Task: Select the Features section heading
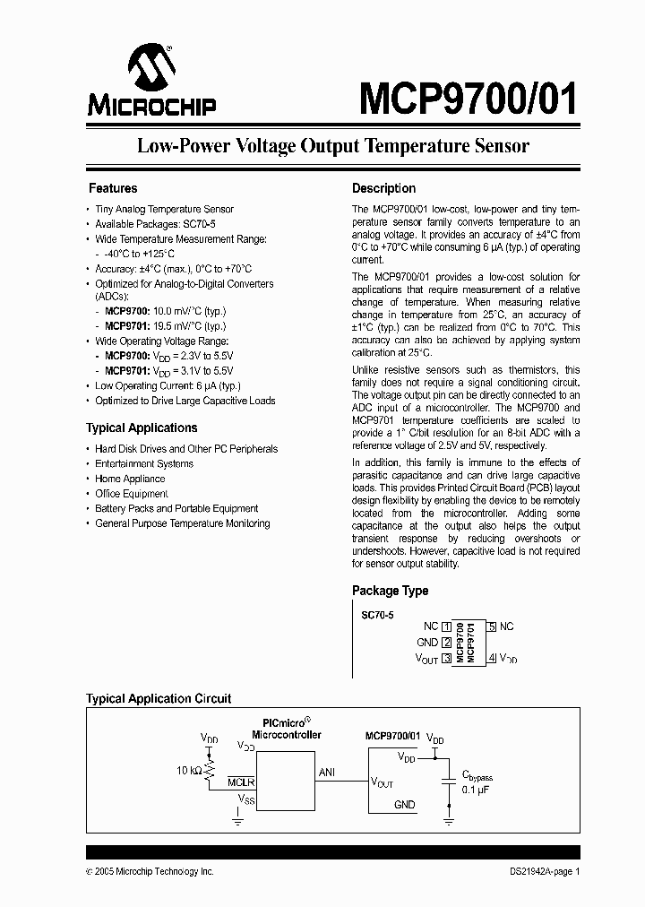click(x=113, y=188)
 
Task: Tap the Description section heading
click(x=383, y=188)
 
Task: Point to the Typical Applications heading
click(x=142, y=428)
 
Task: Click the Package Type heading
click(x=390, y=591)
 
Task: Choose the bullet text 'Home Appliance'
click(x=130, y=479)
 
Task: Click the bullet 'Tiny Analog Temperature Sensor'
click(x=164, y=209)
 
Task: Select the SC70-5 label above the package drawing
click(x=377, y=617)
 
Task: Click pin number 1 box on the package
click(x=446, y=626)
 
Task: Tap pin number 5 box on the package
click(x=493, y=626)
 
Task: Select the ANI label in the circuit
click(x=327, y=772)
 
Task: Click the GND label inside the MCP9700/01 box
click(x=404, y=805)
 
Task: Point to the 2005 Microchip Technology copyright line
click(x=150, y=871)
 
